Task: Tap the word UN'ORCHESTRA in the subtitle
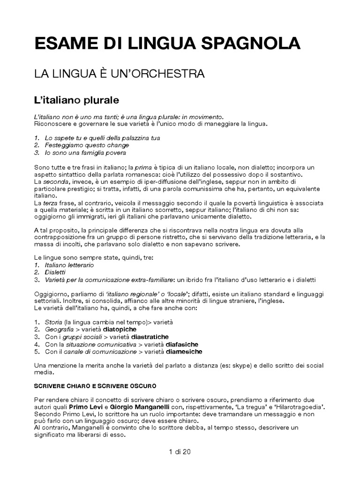pos(157,74)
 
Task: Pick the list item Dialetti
pos(55,272)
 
